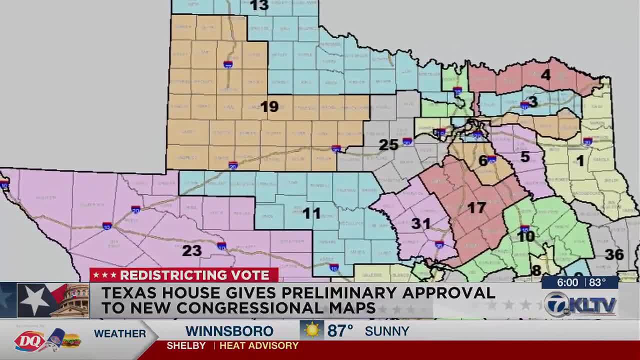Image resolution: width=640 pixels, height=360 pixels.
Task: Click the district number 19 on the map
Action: (x=269, y=106)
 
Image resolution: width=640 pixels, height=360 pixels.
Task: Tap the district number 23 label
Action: (x=191, y=250)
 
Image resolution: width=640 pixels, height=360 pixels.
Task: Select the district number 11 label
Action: (x=311, y=213)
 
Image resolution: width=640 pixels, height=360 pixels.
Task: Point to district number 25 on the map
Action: (x=388, y=145)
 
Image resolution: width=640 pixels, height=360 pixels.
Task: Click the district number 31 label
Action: (x=420, y=223)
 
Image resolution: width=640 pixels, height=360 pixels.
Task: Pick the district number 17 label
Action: (x=476, y=207)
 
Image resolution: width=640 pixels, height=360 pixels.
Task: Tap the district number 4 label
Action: (x=545, y=75)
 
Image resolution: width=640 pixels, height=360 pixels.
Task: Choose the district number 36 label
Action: (x=614, y=254)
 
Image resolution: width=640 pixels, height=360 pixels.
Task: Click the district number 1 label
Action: (x=580, y=160)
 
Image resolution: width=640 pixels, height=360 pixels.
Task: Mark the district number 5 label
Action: (x=524, y=156)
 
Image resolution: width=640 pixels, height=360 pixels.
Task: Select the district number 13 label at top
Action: (x=259, y=5)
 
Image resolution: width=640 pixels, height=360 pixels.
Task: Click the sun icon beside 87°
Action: (x=312, y=330)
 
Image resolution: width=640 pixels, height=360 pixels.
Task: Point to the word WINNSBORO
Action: (x=229, y=331)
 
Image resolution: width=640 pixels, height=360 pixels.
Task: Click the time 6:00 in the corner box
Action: (x=567, y=282)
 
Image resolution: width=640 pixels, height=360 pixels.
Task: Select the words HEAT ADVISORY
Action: (x=258, y=345)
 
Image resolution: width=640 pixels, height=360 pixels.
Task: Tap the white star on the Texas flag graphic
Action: (x=34, y=300)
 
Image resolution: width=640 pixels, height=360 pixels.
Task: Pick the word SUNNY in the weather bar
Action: (x=387, y=331)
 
